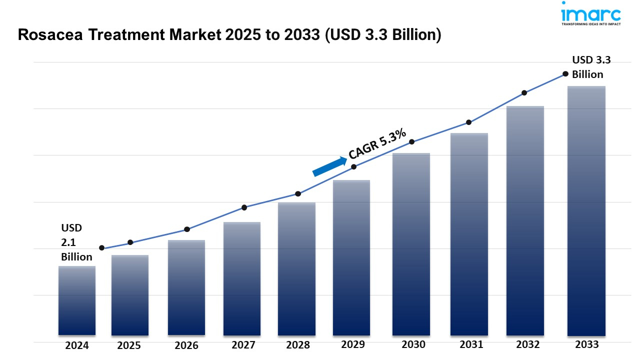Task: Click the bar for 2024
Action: [x=77, y=300]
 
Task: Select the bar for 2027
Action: [x=242, y=278]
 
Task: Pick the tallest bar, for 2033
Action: [x=586, y=210]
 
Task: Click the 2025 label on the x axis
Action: [x=129, y=345]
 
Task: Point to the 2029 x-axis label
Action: [x=353, y=344]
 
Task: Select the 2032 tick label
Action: [x=528, y=344]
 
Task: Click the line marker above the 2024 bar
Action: [x=102, y=248]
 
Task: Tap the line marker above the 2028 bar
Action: [x=298, y=193]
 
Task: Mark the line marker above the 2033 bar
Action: [x=565, y=73]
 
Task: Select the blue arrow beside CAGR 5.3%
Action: [x=329, y=166]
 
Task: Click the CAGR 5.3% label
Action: [x=377, y=145]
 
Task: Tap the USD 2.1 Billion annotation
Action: [x=76, y=242]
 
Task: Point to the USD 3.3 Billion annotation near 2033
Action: [x=591, y=67]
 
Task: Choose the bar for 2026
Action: [x=186, y=287]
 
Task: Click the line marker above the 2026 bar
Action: [x=187, y=229]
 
